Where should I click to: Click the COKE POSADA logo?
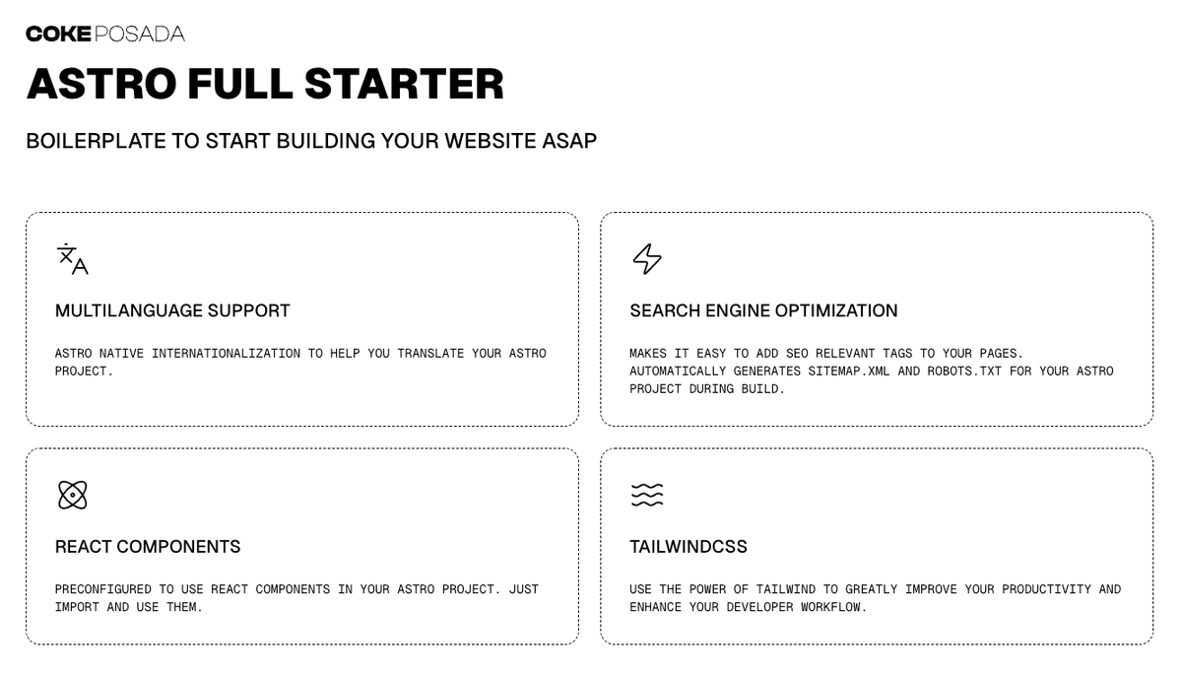[105, 34]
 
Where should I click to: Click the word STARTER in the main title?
[404, 84]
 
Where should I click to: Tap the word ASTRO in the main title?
[101, 84]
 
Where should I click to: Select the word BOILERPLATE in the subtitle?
[97, 141]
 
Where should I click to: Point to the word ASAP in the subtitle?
[569, 141]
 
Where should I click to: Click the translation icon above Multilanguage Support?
[73, 258]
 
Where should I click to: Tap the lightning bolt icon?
[647, 258]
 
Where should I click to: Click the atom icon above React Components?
[72, 495]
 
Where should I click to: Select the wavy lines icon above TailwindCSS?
[647, 495]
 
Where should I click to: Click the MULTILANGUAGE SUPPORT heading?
[172, 310]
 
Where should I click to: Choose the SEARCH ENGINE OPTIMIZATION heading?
[763, 310]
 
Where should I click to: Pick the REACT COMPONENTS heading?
[148, 546]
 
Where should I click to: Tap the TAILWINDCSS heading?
[689, 546]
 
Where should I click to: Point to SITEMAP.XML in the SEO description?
[848, 371]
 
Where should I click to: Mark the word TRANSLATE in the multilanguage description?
[430, 353]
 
